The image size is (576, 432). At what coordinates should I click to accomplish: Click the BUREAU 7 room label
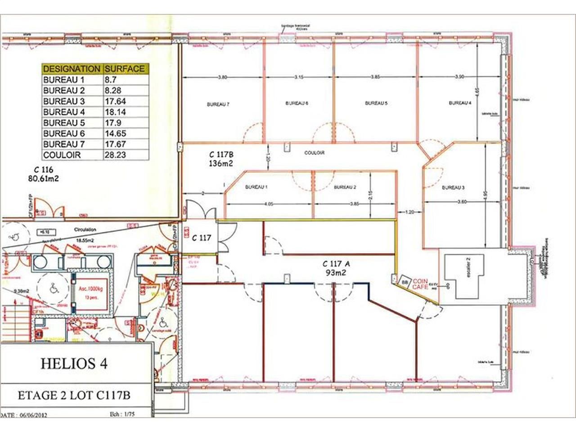coord(218,104)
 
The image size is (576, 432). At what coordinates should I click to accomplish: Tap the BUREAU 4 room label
coord(460,103)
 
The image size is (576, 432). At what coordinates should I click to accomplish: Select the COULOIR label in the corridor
coord(314,153)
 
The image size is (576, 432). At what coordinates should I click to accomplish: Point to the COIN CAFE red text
coord(420,283)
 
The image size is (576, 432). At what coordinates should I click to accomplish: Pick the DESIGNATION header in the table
coord(71,69)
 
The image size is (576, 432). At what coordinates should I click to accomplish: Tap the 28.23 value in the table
coord(116,155)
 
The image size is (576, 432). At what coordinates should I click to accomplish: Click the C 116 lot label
coord(44,170)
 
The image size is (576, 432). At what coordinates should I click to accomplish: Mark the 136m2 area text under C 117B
coord(220,164)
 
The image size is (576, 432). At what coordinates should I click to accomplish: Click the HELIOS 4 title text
coord(74,363)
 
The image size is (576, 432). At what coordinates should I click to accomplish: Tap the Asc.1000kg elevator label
coord(91,289)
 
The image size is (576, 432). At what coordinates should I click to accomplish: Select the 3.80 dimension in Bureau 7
coord(222,77)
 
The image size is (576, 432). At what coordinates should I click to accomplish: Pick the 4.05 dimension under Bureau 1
coord(269,204)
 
